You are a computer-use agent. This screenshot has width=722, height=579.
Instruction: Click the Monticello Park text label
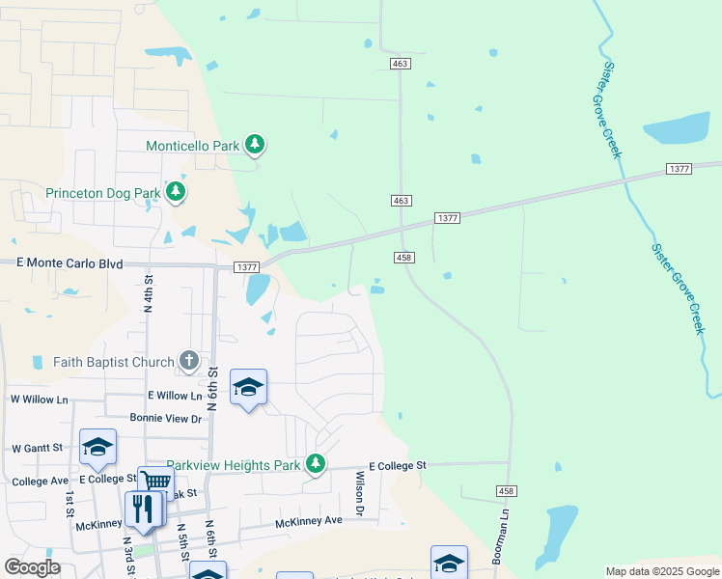191,146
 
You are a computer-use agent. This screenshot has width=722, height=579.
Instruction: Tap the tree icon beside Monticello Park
255,146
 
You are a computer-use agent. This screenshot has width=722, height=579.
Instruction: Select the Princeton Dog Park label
103,193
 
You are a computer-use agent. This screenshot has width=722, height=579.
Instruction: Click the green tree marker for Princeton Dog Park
176,192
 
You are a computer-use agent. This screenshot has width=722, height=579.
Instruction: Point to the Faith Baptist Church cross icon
189,362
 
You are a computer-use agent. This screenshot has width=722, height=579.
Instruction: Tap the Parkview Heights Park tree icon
315,465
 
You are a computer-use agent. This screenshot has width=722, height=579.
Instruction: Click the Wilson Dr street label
359,493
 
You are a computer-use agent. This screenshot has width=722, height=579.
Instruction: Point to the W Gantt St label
37,448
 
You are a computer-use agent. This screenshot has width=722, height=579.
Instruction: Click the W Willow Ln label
39,399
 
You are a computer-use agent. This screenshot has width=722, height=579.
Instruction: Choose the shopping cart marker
155,482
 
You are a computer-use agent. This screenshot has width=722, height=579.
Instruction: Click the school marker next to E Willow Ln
249,388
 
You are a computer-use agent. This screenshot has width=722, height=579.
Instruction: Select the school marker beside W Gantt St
97,447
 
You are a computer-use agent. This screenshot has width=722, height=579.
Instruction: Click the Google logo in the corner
32,567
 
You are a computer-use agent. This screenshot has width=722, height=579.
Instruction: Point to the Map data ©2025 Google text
662,571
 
